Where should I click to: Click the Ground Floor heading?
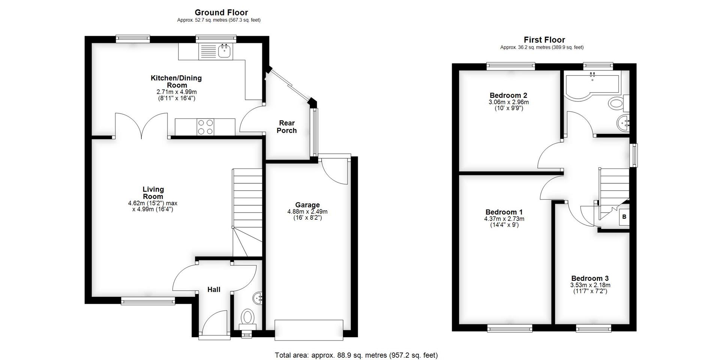point(221,12)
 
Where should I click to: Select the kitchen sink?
point(224,51)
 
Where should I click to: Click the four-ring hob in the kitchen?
point(205,127)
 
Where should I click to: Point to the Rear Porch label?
point(287,127)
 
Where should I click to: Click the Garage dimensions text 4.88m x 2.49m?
point(307,211)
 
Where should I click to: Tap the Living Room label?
point(153,193)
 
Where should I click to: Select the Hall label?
point(214,289)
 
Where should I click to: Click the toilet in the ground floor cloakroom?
point(247,317)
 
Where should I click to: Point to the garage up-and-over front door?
point(309,330)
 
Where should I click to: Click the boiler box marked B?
point(624,217)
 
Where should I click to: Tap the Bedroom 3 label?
point(590,278)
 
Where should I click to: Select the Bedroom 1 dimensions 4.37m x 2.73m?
point(504,219)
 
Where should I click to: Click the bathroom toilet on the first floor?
point(616,103)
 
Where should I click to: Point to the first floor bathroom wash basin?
point(623,123)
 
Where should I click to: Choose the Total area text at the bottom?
point(356,355)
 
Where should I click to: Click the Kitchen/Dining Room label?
point(176,81)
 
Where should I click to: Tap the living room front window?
point(148,300)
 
